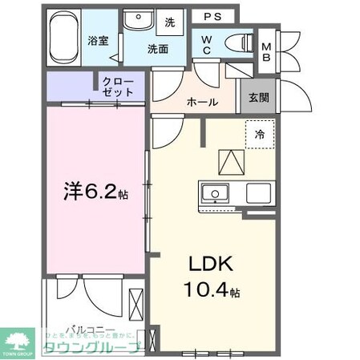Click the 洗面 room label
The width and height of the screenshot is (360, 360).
click(157, 48)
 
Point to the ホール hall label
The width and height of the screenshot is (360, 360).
click(202, 102)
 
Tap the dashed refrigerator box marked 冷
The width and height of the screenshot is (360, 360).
click(260, 135)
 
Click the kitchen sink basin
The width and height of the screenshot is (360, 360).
click(216, 193)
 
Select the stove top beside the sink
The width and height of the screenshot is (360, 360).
click(258, 193)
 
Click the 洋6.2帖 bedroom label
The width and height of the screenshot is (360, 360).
click(95, 192)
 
